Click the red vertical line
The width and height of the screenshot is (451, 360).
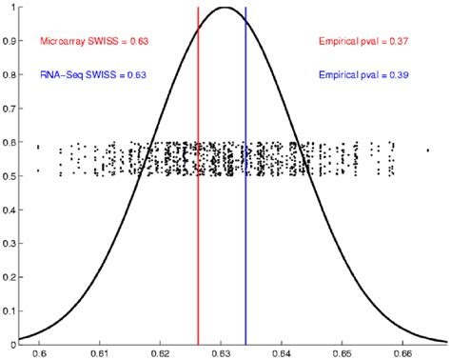pyautogui.click(x=198, y=238)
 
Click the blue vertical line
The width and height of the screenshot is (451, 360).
pyautogui.click(x=245, y=238)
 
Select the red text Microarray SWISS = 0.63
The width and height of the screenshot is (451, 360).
pyautogui.click(x=93, y=41)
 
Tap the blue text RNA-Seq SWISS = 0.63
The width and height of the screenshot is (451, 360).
pyautogui.click(x=93, y=74)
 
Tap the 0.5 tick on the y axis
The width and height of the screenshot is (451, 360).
pyautogui.click(x=8, y=176)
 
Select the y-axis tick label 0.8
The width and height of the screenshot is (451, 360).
pyautogui.click(x=8, y=75)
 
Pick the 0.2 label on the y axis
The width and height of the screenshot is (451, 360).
pyautogui.click(x=8, y=277)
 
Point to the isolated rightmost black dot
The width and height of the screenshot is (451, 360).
pyautogui.click(x=427, y=150)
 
